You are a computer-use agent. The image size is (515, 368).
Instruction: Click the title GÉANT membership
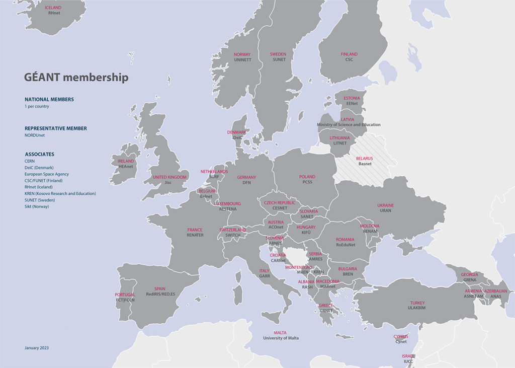76,78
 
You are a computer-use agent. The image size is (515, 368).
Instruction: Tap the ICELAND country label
53,8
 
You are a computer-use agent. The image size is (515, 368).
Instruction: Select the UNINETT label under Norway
242,60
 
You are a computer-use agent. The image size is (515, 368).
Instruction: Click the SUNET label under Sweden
279,60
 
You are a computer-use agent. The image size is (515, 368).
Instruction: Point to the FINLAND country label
349,54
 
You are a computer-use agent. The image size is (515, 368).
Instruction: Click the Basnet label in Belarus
365,164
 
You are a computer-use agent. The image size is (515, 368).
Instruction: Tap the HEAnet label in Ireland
126,167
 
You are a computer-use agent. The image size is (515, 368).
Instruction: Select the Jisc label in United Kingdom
168,183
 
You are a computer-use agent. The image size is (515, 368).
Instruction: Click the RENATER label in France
195,235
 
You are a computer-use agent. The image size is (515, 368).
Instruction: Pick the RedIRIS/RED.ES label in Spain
160,294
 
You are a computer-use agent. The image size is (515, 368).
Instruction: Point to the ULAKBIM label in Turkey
417,308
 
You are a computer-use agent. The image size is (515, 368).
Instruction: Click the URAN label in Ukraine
386,211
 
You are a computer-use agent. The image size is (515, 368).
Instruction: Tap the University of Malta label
281,338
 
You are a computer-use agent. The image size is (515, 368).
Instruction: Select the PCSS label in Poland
307,182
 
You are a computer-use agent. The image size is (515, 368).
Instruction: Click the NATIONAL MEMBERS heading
49,100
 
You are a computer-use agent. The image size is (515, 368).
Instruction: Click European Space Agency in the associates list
47,174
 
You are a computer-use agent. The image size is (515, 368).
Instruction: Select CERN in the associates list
30,161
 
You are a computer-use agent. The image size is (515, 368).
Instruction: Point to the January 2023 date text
37,348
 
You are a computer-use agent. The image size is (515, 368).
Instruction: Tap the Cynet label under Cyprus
401,341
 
